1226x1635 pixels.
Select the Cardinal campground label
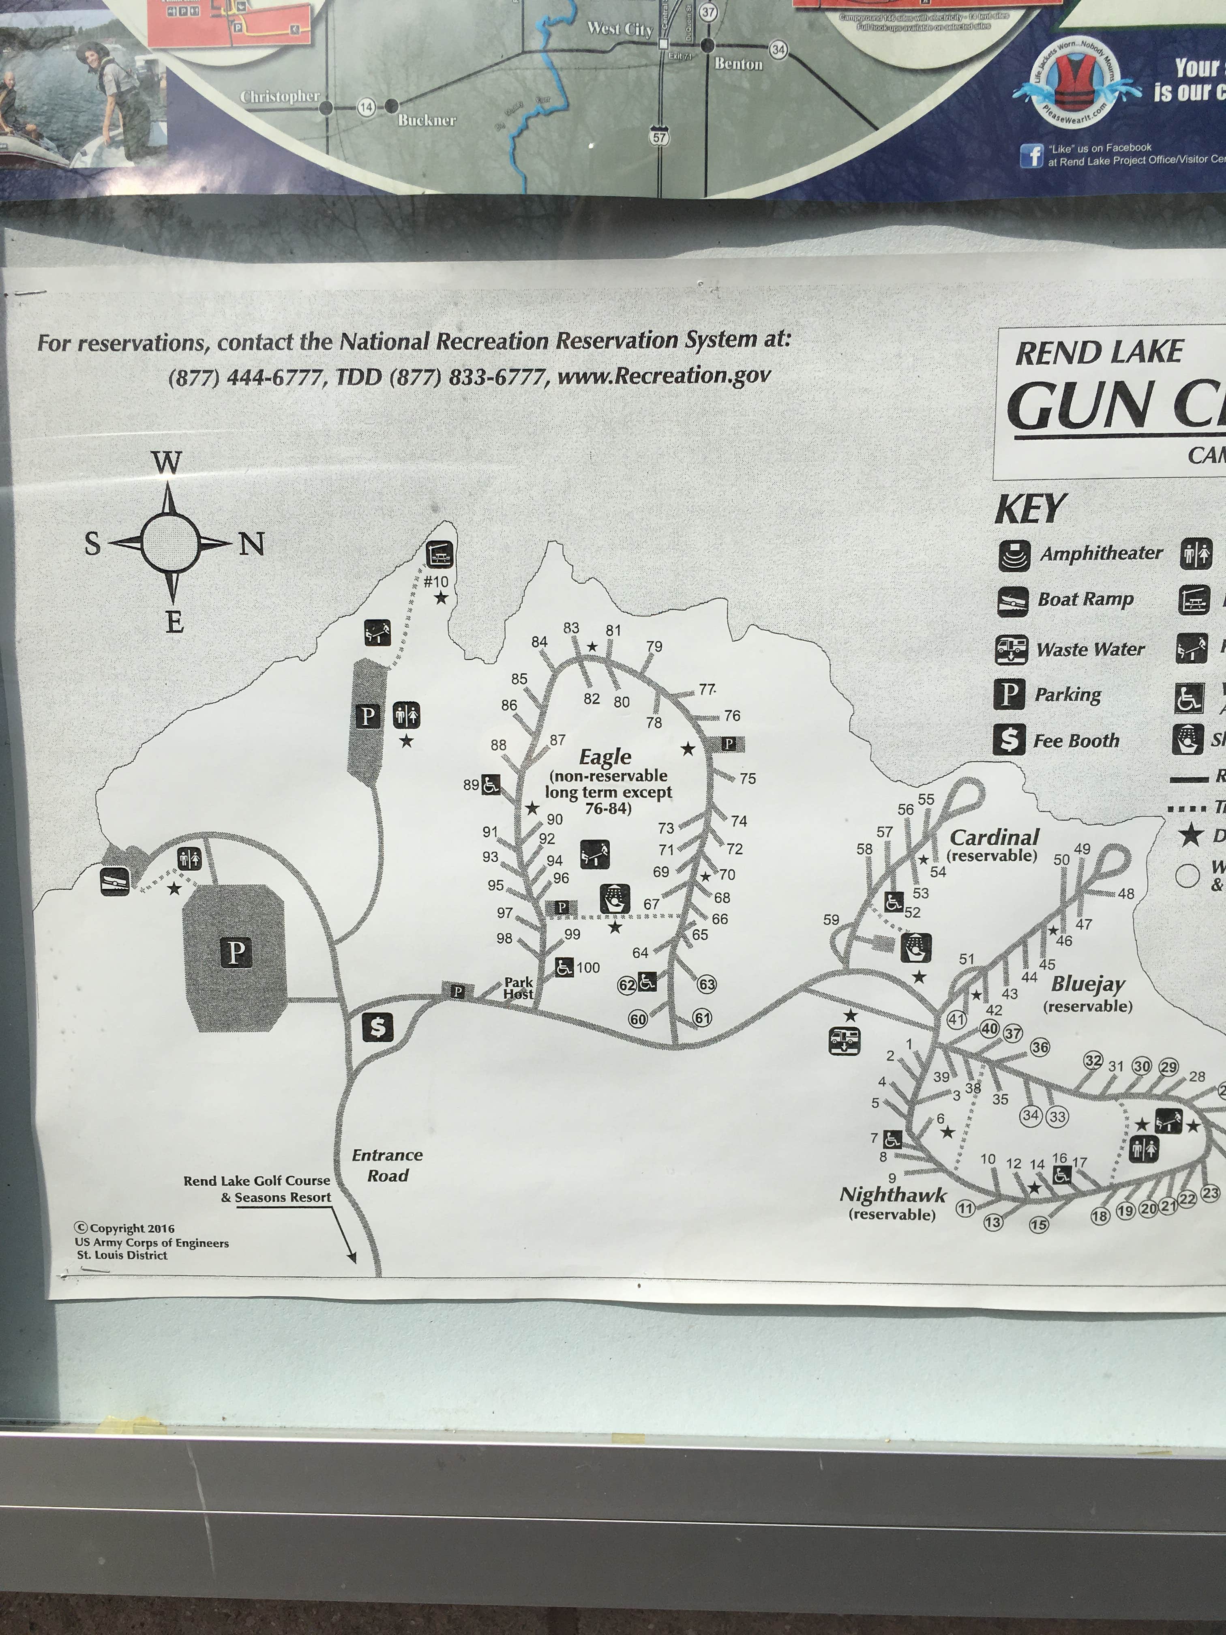(994, 837)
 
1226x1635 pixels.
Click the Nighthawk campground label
(893, 1195)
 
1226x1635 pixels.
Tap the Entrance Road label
(387, 1165)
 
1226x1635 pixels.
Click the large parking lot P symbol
(235, 953)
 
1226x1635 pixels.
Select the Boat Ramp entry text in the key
(1085, 599)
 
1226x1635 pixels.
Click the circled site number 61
(702, 1018)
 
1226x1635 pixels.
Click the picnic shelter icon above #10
(440, 554)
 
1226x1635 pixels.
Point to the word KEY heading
(1029, 509)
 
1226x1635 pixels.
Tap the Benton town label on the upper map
(738, 64)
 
